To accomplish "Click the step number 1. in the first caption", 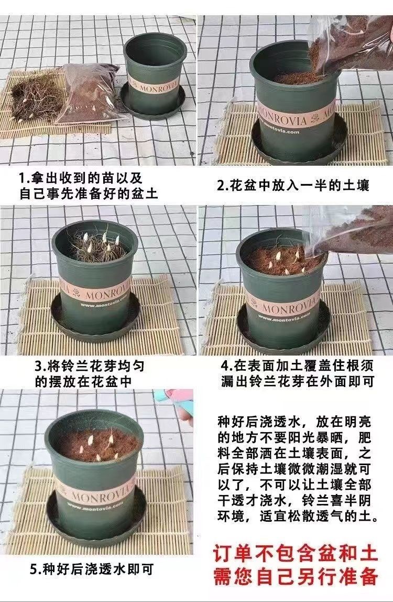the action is (25, 178).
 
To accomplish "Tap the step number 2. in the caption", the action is (223, 186).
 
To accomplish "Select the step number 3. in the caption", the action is (41, 366).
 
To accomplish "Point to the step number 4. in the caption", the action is (227, 365).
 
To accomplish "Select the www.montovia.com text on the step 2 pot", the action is (281, 131).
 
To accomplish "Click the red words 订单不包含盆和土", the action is (295, 554).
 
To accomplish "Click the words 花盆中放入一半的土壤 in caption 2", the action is (299, 186).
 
